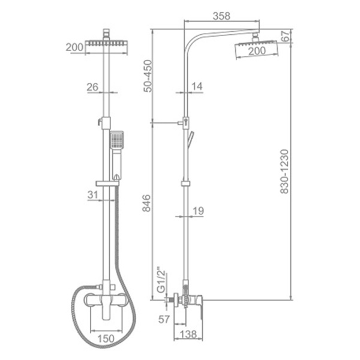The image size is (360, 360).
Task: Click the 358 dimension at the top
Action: (221, 16)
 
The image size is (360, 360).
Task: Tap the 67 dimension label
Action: (286, 36)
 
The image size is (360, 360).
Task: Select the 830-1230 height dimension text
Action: (284, 172)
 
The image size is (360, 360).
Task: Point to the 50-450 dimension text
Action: (148, 76)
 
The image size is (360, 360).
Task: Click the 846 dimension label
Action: (146, 203)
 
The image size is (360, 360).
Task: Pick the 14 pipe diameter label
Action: (197, 86)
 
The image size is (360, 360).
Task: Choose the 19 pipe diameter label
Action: (198, 211)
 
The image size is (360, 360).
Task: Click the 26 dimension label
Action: (92, 87)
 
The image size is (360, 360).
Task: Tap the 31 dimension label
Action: (93, 195)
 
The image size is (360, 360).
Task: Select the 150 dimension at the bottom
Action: (106, 338)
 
